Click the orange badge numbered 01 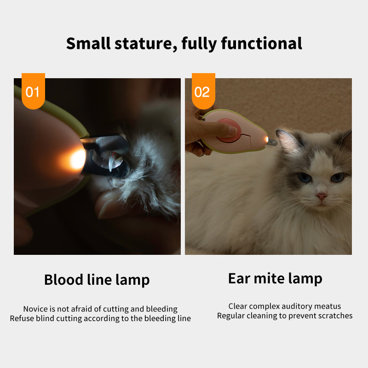[x=33, y=91]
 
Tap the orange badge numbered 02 [x=203, y=91]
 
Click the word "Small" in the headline [x=88, y=43]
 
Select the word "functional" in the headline [x=261, y=43]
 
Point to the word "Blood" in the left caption [x=63, y=280]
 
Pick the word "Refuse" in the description [x=22, y=318]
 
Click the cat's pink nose [x=321, y=195]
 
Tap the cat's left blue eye [x=305, y=177]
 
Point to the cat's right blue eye [x=337, y=177]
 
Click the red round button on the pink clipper [x=229, y=131]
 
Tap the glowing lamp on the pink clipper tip [x=267, y=139]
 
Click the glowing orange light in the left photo [x=76, y=159]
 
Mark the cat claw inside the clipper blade [x=111, y=162]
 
